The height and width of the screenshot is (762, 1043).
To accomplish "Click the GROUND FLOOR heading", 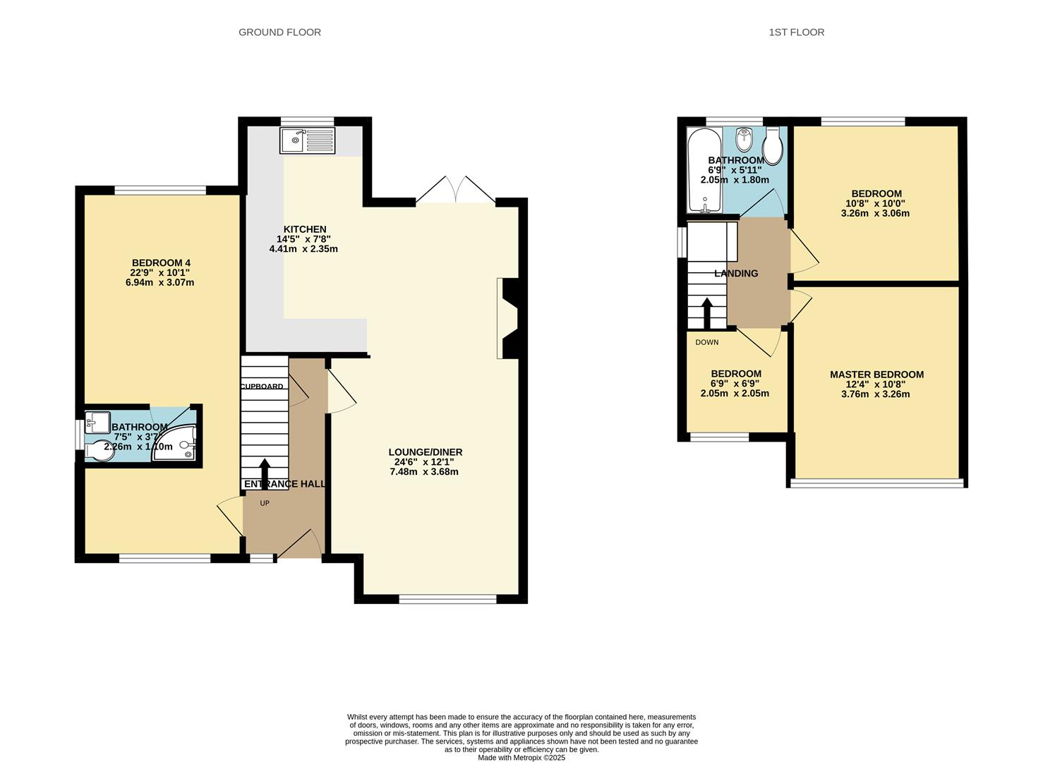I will (279, 32).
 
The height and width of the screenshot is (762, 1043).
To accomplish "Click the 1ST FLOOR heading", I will (796, 32).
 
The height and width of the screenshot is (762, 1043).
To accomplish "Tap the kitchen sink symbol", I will (308, 140).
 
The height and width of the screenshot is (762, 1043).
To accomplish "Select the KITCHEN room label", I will (305, 229).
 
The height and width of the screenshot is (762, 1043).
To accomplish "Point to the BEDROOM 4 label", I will (161, 263).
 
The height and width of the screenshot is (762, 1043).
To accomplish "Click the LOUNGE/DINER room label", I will (425, 452).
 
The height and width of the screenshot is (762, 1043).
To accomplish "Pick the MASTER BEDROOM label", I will (876, 375).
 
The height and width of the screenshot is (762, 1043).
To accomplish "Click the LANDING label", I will (736, 274).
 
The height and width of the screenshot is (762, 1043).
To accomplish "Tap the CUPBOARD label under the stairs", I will (262, 387).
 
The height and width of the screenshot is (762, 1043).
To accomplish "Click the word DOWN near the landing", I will (706, 343).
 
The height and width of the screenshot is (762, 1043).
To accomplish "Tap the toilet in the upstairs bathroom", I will (773, 145).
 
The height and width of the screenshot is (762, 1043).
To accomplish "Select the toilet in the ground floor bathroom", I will (101, 449).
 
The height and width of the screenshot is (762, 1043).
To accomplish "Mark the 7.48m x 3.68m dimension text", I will (424, 472).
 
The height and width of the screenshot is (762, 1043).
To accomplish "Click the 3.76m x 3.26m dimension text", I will (876, 394).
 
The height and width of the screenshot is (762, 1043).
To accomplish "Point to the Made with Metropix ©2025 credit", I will (521, 758).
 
